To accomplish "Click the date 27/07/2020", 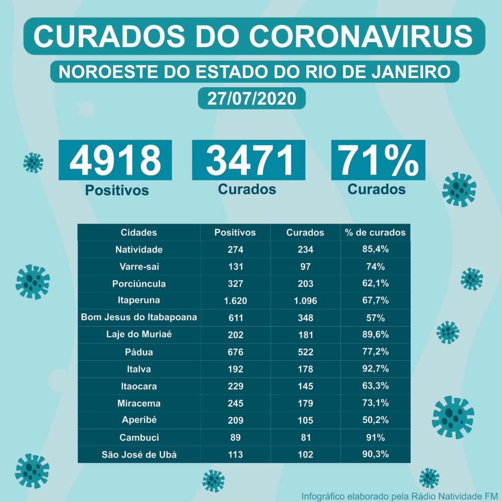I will [251, 98].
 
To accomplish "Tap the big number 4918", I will [115, 160].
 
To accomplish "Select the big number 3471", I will [249, 160].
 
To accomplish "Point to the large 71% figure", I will [378, 160].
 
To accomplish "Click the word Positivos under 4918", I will [117, 190].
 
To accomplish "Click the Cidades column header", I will [139, 232].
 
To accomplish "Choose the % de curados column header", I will [375, 232].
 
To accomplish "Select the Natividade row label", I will [139, 250].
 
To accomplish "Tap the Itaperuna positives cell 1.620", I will [235, 301].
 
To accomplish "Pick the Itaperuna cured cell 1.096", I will [305, 301].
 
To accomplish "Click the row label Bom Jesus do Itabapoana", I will [139, 317].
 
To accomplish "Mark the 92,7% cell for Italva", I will [375, 369].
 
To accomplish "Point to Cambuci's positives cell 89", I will [235, 437].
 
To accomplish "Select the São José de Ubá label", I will [139, 454].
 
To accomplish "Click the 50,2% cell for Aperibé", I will [375, 420].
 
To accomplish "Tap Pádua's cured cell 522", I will [305, 352].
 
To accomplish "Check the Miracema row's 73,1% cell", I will [375, 403].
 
